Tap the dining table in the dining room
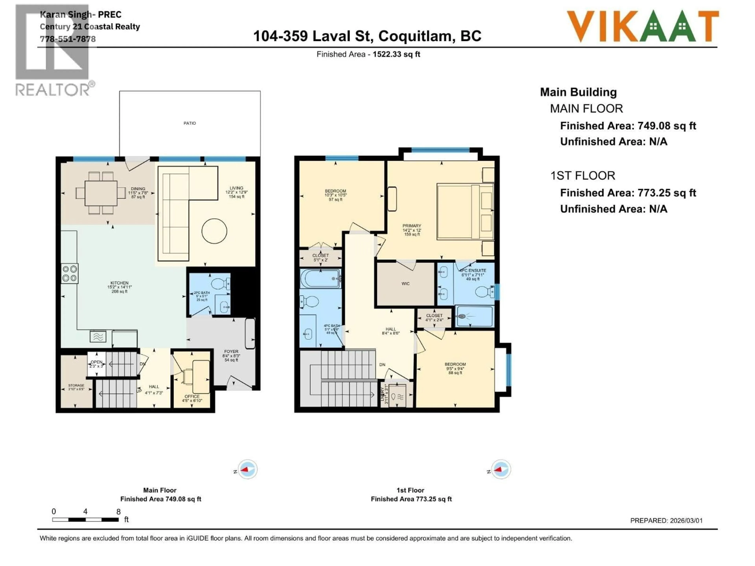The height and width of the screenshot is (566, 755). click(101, 193)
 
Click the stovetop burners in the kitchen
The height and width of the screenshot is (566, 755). click(70, 274)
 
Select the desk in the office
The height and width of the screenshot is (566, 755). click(201, 377)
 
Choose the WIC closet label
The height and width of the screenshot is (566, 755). click(405, 284)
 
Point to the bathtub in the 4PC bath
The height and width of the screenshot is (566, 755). click(320, 279)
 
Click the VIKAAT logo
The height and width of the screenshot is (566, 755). click(642, 27)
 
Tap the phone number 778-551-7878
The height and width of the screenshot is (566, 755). click(68, 39)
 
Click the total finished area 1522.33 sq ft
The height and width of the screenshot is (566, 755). click(396, 54)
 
